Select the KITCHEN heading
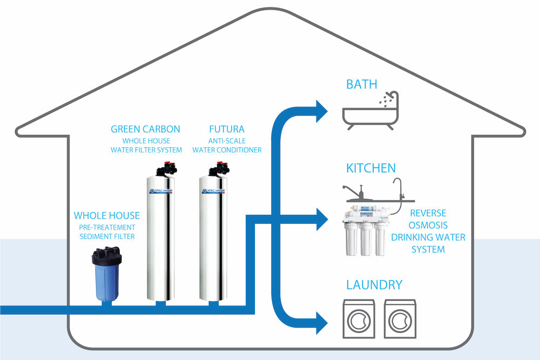(x=371, y=168)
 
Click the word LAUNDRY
(x=374, y=284)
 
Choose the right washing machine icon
(x=400, y=319)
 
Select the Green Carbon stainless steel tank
(x=160, y=237)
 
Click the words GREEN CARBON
(x=145, y=130)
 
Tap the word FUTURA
(x=227, y=130)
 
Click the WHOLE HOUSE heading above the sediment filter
(x=106, y=216)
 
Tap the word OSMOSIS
(x=428, y=225)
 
